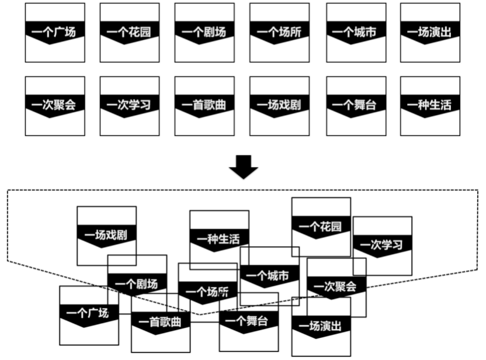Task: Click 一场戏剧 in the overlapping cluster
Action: pyautogui.click(x=106, y=235)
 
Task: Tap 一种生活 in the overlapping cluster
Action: pyautogui.click(x=219, y=239)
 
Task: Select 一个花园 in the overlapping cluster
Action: pyautogui.click(x=321, y=226)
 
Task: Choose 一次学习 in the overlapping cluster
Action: pyautogui.click(x=382, y=245)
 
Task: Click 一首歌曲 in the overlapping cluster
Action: pyautogui.click(x=160, y=322)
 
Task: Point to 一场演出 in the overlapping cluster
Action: pyautogui.click(x=321, y=326)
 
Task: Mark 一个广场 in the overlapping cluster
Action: pyautogui.click(x=88, y=313)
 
